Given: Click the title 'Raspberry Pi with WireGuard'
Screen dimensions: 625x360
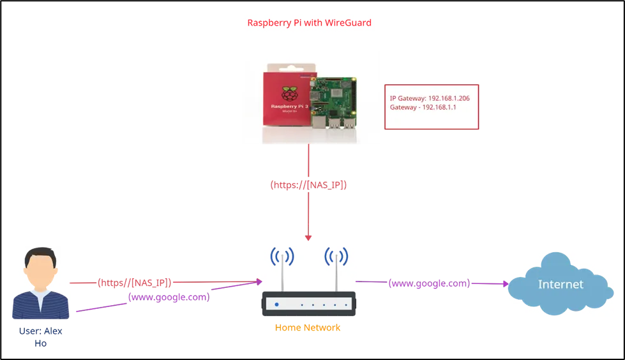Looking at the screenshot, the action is [310, 23].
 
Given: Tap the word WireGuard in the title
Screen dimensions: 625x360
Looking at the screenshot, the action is [348, 23].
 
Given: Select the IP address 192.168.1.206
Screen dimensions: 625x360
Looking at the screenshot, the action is [449, 98].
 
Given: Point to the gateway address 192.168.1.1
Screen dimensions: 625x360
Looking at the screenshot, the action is [439, 107].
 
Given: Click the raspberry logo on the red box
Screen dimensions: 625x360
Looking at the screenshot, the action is [289, 93].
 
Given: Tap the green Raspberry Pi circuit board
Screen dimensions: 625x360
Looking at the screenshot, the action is [333, 103].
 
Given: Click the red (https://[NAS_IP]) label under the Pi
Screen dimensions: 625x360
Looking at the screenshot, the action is [308, 185].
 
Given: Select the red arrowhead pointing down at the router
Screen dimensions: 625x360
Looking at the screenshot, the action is [308, 238].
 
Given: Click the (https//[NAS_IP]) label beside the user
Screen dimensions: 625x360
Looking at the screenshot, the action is [134, 283].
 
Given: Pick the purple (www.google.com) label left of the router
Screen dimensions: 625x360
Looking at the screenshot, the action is [169, 297].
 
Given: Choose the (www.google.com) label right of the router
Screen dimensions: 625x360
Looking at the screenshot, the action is [429, 283].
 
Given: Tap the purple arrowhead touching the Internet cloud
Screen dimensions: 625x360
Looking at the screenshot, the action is [506, 284].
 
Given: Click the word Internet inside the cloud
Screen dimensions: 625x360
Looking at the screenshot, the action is [561, 284].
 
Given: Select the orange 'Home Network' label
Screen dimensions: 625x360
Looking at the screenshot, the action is [308, 327].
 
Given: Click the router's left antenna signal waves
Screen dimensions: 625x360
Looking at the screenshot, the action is [282, 257].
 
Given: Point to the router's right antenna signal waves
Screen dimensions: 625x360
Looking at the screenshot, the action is [336, 257].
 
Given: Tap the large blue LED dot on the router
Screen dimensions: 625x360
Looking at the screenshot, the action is [276, 304].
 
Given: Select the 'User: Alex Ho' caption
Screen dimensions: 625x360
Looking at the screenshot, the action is [41, 337].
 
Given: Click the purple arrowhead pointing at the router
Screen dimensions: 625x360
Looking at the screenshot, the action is [259, 282].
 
